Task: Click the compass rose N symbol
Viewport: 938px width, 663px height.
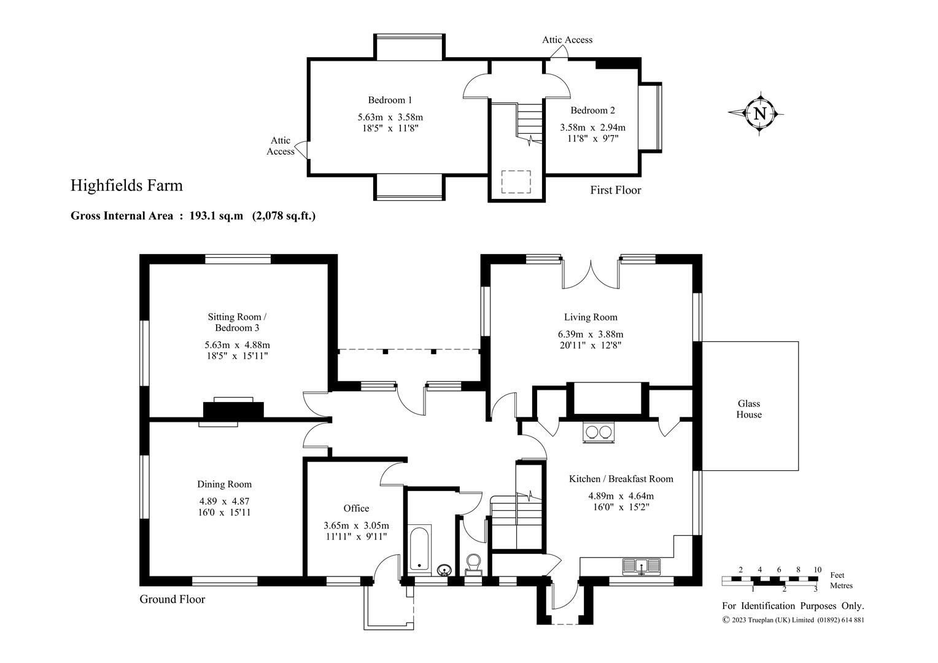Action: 759,114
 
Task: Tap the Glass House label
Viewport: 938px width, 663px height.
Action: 749,409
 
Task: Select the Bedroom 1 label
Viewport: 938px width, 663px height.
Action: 390,99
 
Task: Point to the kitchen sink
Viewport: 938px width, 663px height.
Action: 641,566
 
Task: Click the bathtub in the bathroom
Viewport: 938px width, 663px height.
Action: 419,549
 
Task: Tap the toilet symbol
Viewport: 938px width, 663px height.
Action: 474,565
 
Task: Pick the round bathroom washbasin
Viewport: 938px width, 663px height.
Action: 444,570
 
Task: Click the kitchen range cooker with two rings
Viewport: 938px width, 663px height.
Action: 599,432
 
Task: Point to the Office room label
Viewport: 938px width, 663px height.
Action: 356,508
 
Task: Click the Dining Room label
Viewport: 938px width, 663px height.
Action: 225,484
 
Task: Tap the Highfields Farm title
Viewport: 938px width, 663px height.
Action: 126,185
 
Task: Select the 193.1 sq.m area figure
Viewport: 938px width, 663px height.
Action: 216,215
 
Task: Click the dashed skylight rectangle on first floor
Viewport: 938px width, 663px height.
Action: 516,182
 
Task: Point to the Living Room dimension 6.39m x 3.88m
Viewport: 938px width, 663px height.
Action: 591,334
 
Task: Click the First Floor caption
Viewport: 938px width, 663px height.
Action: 616,190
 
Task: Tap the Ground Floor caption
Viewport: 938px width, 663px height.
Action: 172,599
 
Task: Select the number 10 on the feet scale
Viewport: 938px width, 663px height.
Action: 818,570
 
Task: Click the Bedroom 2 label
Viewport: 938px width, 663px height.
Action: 592,110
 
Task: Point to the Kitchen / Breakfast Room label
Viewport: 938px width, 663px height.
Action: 621,479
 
